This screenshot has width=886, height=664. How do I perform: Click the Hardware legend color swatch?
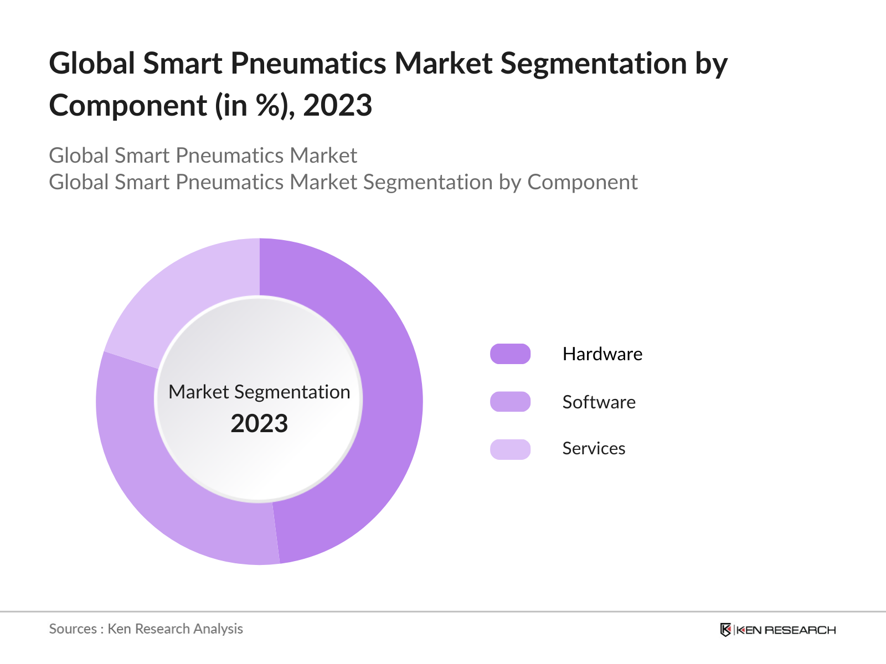click(x=510, y=354)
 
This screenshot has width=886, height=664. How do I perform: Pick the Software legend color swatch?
click(x=510, y=402)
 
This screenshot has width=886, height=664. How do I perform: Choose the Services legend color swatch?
click(x=510, y=449)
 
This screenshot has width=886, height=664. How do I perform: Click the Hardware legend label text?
click(x=602, y=354)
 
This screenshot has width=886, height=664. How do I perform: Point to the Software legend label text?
click(x=599, y=402)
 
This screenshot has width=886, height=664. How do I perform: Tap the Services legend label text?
click(x=594, y=449)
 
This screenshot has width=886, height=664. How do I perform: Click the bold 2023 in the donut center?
click(x=259, y=424)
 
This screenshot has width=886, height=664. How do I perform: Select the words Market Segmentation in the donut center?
click(x=259, y=392)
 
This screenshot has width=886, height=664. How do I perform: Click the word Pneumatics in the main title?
click(x=308, y=63)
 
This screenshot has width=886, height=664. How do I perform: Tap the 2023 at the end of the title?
click(x=338, y=105)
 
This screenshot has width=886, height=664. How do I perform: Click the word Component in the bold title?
click(x=127, y=105)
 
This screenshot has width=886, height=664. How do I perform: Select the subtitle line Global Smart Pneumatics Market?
click(x=203, y=156)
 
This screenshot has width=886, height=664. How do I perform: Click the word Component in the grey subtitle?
click(x=582, y=183)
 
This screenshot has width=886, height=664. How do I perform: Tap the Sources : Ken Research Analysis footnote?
click(x=146, y=629)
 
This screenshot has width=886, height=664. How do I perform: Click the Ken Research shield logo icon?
click(x=725, y=630)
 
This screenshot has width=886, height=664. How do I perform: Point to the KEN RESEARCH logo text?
click(x=786, y=630)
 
